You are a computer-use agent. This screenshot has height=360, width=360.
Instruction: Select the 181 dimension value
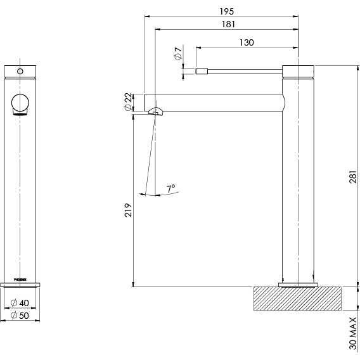pyautogui.click(x=229, y=25)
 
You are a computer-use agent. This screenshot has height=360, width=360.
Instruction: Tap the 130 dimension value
pyautogui.click(x=247, y=42)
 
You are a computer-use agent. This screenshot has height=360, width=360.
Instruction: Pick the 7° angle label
pyautogui.click(x=170, y=188)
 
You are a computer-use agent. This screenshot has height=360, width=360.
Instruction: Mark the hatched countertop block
pyautogui.click(x=297, y=299)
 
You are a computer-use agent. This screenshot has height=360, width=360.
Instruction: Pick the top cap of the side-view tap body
pyautogui.click(x=297, y=70)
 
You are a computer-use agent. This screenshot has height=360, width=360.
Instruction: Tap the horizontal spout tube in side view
pyautogui.click(x=215, y=101)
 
